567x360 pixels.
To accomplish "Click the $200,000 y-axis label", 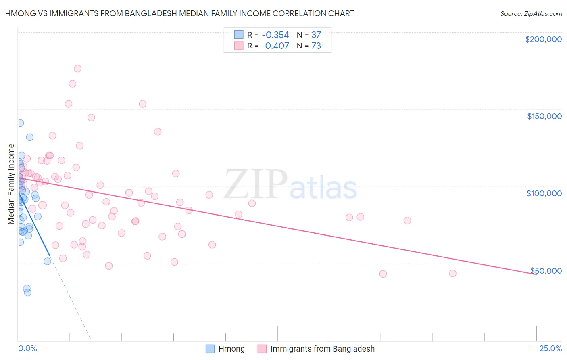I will tap(543, 39).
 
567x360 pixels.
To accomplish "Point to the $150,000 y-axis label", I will tap(544, 116).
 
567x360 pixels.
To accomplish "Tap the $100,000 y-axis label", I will tap(544, 193).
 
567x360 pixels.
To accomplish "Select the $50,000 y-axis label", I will tap(546, 270).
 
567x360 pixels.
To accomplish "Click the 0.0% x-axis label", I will tap(27, 348).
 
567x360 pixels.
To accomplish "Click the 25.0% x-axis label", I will tap(550, 348).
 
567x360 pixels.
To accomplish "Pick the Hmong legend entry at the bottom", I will tap(231, 349).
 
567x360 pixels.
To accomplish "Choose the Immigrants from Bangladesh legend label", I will tap(322, 349).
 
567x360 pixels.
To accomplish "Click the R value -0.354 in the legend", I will tap(275, 35).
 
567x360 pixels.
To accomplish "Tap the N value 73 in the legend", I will tap(316, 46).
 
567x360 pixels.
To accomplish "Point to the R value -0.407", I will tap(275, 46).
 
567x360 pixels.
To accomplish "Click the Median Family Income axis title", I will tap(11, 184).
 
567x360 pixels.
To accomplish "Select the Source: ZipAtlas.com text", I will tap(531, 14).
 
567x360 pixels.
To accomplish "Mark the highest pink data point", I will tap(77, 69).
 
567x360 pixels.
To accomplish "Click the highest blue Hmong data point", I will tap(20, 123).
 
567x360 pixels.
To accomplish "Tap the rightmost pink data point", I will tap(452, 273).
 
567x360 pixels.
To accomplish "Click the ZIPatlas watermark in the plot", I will tap(290, 184).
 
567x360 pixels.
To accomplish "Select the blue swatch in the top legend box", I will tap(239, 35).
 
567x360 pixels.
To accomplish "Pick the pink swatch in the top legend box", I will tap(239, 46).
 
